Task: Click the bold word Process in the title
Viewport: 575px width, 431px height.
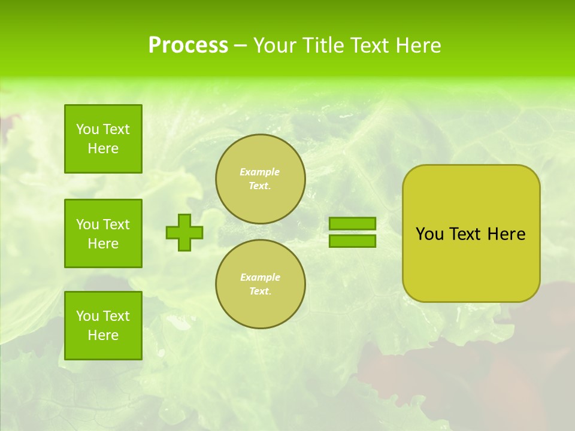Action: [x=188, y=45]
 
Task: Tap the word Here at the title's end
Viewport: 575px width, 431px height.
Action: [x=418, y=45]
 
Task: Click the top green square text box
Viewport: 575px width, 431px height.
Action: [x=103, y=139]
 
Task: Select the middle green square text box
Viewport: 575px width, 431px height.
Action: [x=103, y=233]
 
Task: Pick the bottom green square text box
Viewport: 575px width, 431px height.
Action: [x=103, y=326]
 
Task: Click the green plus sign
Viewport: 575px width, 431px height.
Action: [x=184, y=232]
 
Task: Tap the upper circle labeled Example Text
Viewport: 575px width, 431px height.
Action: [x=260, y=179]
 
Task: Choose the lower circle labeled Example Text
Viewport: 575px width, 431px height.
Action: [x=260, y=284]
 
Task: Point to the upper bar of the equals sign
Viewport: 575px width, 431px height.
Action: [x=353, y=223]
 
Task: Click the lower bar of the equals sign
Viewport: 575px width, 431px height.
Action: [x=353, y=241]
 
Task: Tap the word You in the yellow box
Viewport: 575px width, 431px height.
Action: [x=429, y=234]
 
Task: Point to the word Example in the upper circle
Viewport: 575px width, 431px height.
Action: [x=260, y=172]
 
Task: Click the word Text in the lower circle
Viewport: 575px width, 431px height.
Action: [x=260, y=292]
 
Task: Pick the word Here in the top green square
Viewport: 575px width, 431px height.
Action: [x=103, y=148]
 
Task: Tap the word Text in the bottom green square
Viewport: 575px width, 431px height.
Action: [x=116, y=316]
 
